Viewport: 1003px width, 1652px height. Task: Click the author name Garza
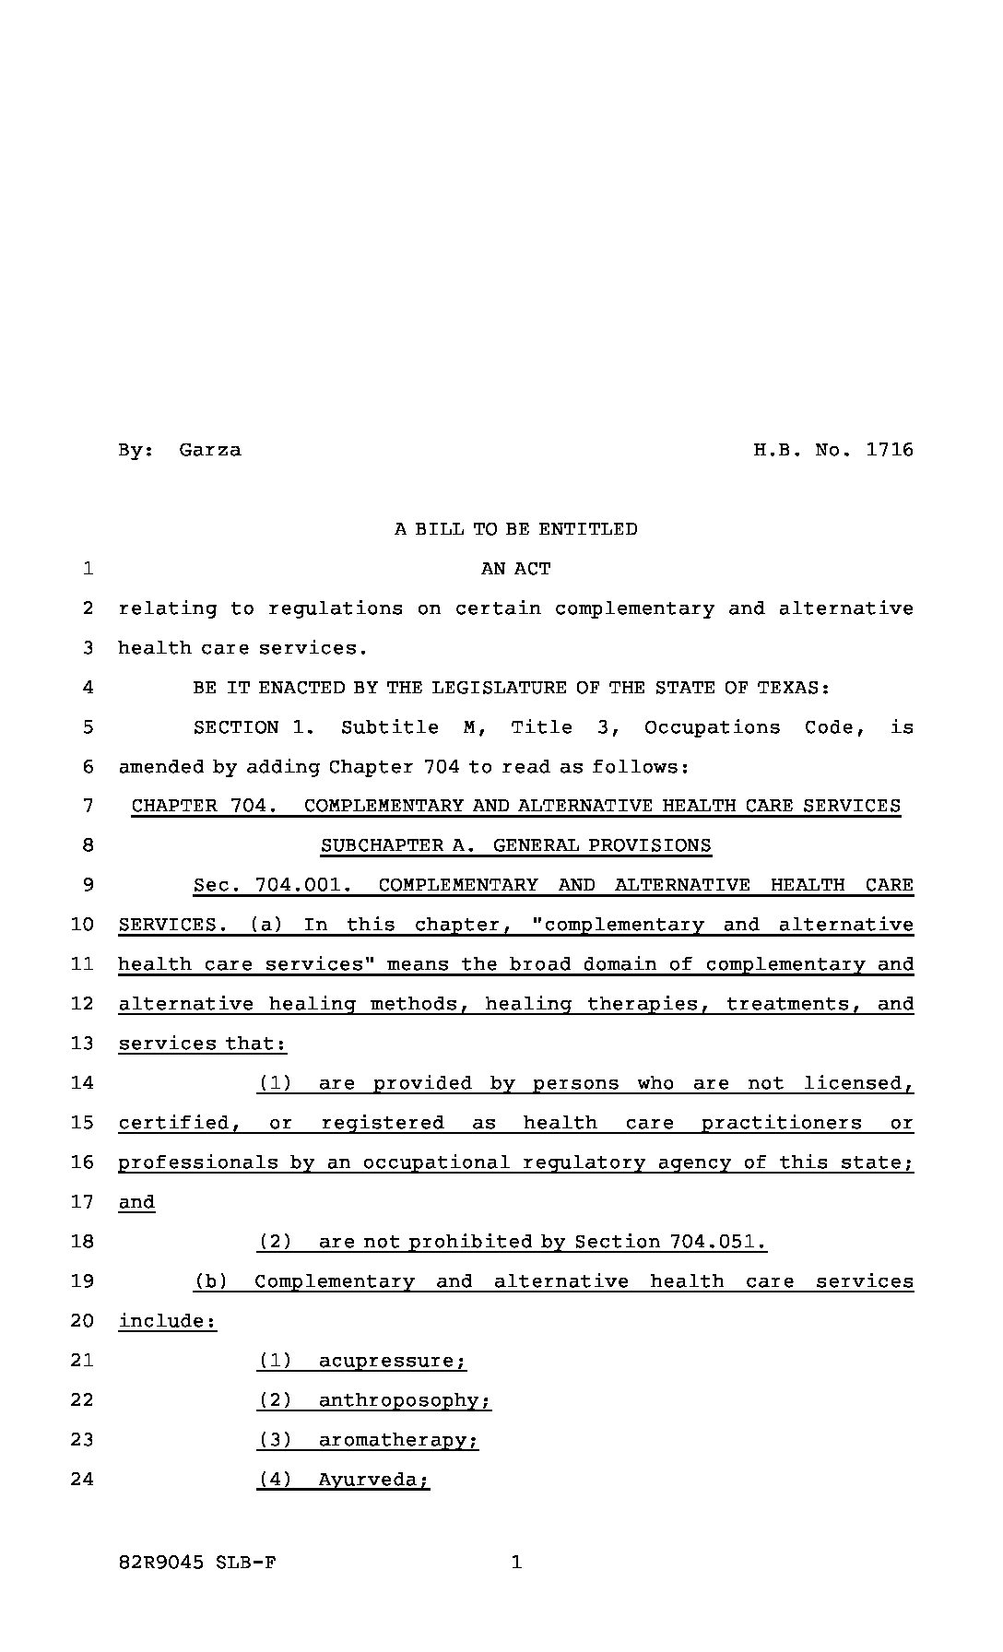point(210,450)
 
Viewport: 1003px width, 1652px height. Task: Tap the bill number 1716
point(890,450)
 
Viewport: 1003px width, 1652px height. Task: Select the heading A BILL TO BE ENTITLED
point(515,529)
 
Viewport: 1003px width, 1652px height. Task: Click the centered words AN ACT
point(515,569)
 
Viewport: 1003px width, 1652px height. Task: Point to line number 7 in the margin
point(88,806)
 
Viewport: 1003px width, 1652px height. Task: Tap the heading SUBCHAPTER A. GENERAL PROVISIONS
point(515,845)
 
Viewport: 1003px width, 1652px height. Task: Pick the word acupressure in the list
point(392,1361)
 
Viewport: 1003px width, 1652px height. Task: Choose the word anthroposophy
point(404,1400)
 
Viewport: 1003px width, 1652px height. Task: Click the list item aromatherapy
point(397,1440)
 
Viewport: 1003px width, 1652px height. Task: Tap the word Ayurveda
point(372,1480)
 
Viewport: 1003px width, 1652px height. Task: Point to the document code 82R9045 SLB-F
point(197,1563)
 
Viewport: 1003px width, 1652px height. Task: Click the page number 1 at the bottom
point(516,1562)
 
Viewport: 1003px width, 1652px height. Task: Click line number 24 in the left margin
point(82,1480)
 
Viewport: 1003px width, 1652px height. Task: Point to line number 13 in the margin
point(82,1044)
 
